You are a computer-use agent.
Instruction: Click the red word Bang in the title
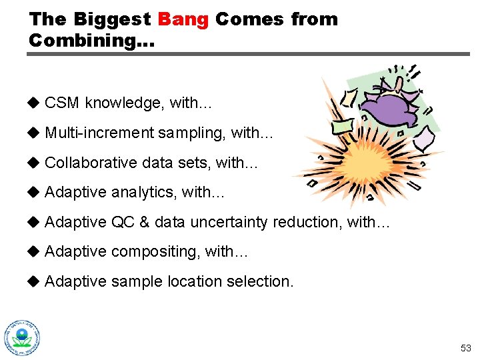pos(183,19)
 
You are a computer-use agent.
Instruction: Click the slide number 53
pos(465,348)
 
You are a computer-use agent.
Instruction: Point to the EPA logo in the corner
pos(22,337)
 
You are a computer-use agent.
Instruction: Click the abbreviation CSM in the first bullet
pos(63,103)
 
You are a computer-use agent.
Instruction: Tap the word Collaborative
pos(89,163)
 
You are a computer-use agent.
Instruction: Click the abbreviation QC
pos(123,222)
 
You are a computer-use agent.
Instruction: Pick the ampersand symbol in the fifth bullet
pos(144,222)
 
